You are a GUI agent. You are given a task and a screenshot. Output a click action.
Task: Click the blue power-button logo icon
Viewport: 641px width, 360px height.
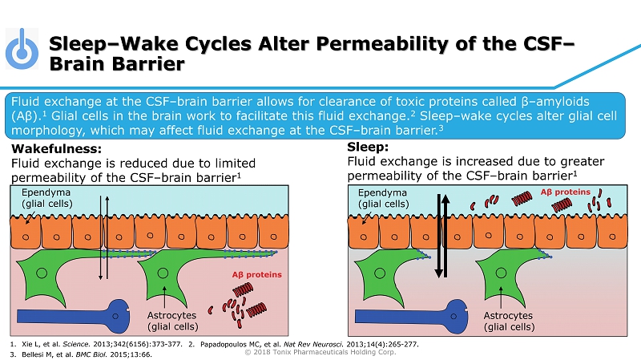pos(22,49)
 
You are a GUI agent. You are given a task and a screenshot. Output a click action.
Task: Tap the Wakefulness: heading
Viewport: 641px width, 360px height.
pos(56,148)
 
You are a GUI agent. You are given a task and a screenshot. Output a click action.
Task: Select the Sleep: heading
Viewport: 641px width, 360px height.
pos(368,147)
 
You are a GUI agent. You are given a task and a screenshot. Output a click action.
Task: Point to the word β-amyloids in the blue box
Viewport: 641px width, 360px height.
pos(555,102)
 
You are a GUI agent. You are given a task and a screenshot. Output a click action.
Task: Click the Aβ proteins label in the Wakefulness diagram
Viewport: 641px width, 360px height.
pos(256,274)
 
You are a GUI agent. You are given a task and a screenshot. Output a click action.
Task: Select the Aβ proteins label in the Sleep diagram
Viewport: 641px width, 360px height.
pos(566,192)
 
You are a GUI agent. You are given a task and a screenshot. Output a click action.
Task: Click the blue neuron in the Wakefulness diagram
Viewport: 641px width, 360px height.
pos(74,316)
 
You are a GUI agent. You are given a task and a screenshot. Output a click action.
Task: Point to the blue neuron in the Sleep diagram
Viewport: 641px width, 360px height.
pos(412,316)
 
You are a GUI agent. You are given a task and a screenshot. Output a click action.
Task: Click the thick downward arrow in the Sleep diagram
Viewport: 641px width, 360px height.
pos(438,236)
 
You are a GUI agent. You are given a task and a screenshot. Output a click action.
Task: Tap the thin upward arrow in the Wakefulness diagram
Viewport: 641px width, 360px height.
pos(107,237)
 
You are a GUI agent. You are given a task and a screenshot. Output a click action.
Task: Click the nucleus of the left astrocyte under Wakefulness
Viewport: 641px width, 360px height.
pos(42,273)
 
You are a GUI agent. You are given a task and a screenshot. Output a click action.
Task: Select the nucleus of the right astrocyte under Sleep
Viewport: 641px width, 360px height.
pos(501,273)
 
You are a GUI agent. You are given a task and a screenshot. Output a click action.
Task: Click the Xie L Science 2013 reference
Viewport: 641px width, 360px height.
pos(96,344)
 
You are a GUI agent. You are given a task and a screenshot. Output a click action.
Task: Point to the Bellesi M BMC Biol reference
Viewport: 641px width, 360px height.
pos(82,354)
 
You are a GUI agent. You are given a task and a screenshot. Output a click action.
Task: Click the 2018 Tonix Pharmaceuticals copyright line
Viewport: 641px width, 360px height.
pos(320,352)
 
